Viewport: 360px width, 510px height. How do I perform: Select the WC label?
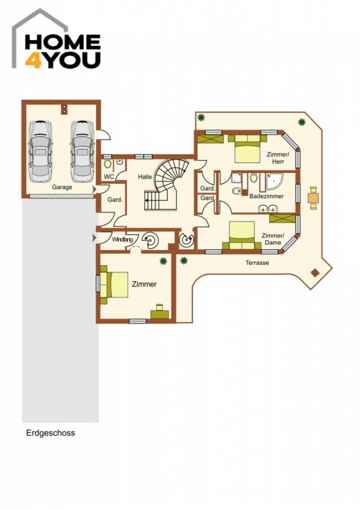pos(109,177)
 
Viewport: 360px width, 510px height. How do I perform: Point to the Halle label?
pos(145,177)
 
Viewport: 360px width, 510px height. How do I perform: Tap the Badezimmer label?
pos(266,196)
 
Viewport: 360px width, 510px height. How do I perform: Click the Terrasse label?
pos(257,263)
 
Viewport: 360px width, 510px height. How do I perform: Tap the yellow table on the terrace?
pos(313,198)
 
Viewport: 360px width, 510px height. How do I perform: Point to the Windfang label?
pos(122,240)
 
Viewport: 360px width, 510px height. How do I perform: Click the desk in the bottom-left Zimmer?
pos(159,312)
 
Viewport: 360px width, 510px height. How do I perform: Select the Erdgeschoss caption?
pos(50,433)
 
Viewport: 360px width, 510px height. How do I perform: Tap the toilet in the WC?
pos(108,164)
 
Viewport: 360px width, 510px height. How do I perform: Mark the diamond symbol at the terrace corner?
pos(315,273)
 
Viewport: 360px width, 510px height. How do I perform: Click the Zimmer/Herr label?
pos(278,158)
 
